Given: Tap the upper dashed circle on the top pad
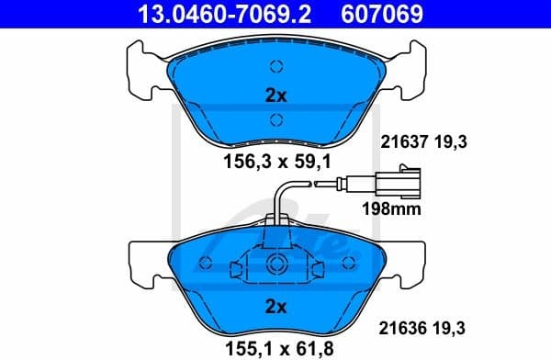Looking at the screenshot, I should click(x=275, y=66).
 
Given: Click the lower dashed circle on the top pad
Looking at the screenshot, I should click(x=275, y=118).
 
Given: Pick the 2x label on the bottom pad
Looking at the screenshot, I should click(x=275, y=306).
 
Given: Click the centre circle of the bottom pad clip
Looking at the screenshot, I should click(x=275, y=266).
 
